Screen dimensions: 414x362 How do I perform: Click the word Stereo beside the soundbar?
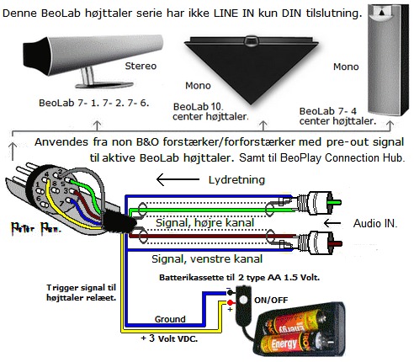141,66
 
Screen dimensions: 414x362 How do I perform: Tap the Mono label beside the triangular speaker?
198,85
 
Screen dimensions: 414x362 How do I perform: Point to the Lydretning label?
236,180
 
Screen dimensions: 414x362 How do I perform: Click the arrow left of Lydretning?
178,179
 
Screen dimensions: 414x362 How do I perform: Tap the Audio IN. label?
375,223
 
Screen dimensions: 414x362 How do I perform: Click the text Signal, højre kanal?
204,223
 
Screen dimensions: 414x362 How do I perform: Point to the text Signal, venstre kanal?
207,258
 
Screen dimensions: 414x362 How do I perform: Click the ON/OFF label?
271,301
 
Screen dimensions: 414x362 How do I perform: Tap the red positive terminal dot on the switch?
231,302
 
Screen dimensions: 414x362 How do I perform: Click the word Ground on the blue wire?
170,319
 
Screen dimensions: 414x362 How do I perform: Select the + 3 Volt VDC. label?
169,338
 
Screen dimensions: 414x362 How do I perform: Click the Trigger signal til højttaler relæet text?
81,293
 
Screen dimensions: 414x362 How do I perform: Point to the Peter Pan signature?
36,228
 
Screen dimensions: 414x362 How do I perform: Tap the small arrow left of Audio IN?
332,223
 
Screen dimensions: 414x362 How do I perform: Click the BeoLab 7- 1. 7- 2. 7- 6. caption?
93,103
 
